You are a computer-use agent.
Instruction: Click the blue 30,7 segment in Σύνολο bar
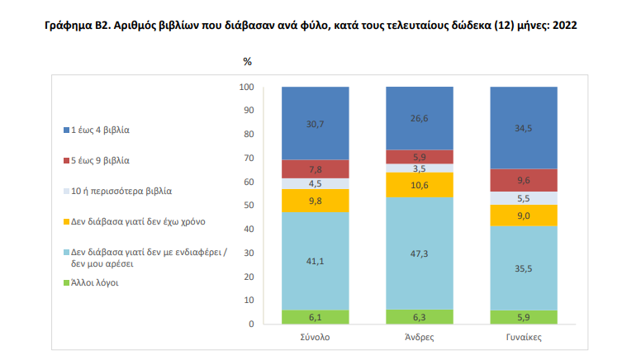pos(315,123)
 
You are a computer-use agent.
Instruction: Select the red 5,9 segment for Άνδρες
pos(420,157)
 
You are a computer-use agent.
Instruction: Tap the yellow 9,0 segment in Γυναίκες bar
pos(524,216)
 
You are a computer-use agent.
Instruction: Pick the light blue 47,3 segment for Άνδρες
pos(420,253)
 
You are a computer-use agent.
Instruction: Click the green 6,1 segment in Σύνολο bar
pos(315,317)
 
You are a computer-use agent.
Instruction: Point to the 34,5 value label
pos(524,128)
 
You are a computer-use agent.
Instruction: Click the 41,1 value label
pos(315,261)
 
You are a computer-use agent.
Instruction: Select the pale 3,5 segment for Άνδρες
pos(420,168)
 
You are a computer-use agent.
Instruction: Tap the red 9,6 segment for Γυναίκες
pos(524,180)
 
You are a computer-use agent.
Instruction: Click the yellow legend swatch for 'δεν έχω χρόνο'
pos(66,221)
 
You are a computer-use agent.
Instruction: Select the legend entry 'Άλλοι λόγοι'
pos(96,282)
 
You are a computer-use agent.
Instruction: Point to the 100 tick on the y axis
pos(246,87)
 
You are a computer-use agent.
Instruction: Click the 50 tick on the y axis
pos(249,206)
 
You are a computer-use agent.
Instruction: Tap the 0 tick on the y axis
pos(251,324)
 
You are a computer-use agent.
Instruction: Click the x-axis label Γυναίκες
pos(524,339)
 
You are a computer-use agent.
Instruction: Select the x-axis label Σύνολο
pos(315,339)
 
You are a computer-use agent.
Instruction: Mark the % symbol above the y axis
pos(248,62)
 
